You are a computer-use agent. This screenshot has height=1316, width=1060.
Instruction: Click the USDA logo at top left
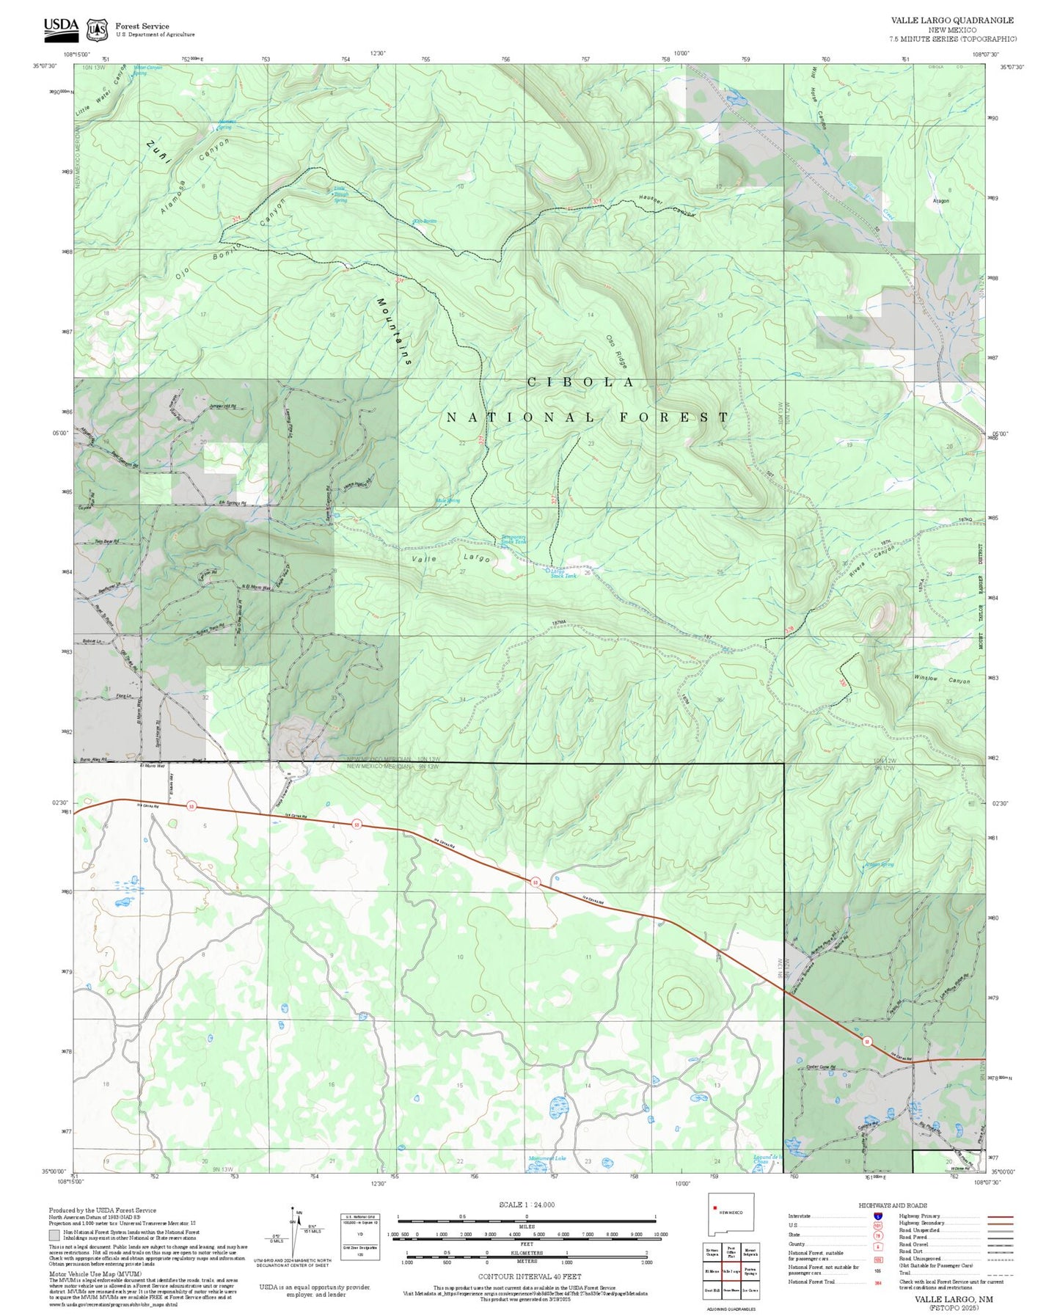click(60, 27)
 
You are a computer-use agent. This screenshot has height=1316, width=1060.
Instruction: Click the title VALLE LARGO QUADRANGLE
click(952, 21)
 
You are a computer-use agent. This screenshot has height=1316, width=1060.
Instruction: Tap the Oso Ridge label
click(617, 351)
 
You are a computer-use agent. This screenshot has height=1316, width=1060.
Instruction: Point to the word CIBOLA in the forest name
click(581, 382)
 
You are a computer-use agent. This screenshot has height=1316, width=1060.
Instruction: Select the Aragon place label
click(940, 200)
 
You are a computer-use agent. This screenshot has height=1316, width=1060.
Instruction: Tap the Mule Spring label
click(447, 501)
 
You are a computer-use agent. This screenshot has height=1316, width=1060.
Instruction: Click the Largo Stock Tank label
click(563, 574)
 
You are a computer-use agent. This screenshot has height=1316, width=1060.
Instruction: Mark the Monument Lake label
click(547, 1158)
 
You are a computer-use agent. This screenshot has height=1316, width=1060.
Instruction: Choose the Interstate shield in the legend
click(878, 1216)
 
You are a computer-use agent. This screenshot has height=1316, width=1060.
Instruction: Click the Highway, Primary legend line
click(1000, 1216)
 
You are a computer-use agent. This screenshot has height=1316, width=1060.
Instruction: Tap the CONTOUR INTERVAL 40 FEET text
click(526, 1276)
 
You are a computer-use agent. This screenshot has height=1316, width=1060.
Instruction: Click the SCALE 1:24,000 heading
click(526, 1204)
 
